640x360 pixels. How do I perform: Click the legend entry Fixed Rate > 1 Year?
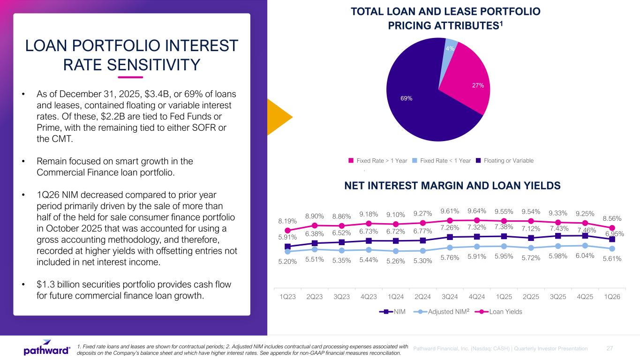378,161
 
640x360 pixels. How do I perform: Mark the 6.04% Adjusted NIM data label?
585,255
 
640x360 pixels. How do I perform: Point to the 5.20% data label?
287,262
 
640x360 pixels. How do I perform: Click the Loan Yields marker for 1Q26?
612,228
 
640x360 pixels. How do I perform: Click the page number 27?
610,348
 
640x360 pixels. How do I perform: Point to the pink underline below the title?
130,77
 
